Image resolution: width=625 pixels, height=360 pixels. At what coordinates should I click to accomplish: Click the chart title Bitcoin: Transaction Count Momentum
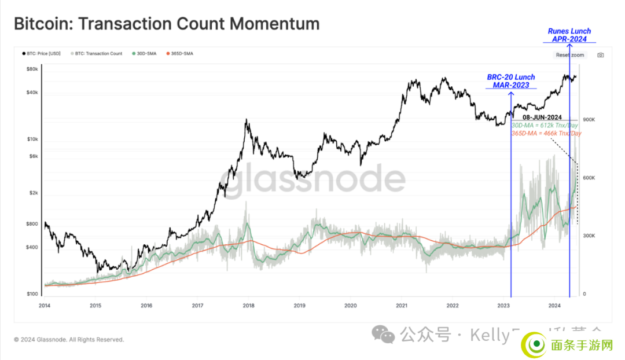[167, 24]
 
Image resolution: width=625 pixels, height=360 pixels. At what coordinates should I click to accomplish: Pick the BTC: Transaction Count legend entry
[98, 54]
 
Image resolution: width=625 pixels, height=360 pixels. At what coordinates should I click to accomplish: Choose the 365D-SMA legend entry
[181, 54]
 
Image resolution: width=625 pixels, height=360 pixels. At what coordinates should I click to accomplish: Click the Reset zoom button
[570, 55]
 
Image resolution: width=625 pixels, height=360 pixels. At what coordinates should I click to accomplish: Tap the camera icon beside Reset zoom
[600, 55]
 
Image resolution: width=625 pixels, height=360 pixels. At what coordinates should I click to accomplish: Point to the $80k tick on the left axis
[33, 69]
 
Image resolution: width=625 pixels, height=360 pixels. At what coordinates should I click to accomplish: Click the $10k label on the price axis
[33, 139]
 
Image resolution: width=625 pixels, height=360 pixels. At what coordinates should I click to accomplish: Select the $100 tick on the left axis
[32, 294]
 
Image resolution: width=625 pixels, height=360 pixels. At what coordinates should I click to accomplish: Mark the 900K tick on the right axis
[589, 120]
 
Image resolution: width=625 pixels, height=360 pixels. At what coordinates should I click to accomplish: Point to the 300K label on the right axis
[589, 236]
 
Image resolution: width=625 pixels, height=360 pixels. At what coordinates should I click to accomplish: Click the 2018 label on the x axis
[248, 306]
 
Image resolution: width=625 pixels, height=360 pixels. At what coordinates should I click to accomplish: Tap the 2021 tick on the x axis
[401, 306]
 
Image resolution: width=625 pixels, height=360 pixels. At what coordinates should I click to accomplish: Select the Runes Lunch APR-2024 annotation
[569, 35]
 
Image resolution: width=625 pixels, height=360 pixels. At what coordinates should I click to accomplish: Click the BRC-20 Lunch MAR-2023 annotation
[511, 81]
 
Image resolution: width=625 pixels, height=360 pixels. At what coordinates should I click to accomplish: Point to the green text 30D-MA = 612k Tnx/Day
[546, 126]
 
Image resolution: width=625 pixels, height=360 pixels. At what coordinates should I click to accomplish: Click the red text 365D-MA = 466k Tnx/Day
[546, 133]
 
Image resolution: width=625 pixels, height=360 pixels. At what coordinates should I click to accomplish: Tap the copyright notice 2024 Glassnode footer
[69, 340]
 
